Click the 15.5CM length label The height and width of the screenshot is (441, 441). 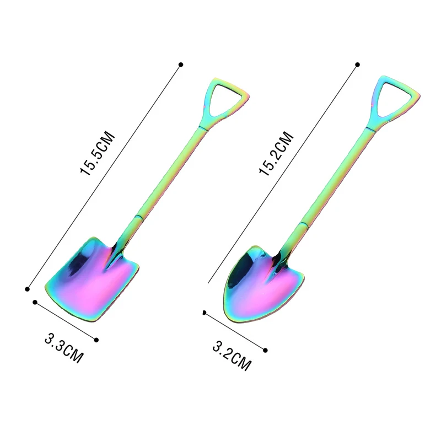tap(98, 154)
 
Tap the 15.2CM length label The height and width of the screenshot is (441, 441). tap(276, 154)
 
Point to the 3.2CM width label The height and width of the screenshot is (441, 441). tap(232, 356)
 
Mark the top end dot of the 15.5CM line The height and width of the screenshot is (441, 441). tap(181, 64)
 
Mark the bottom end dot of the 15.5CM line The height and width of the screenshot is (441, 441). tap(27, 289)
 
